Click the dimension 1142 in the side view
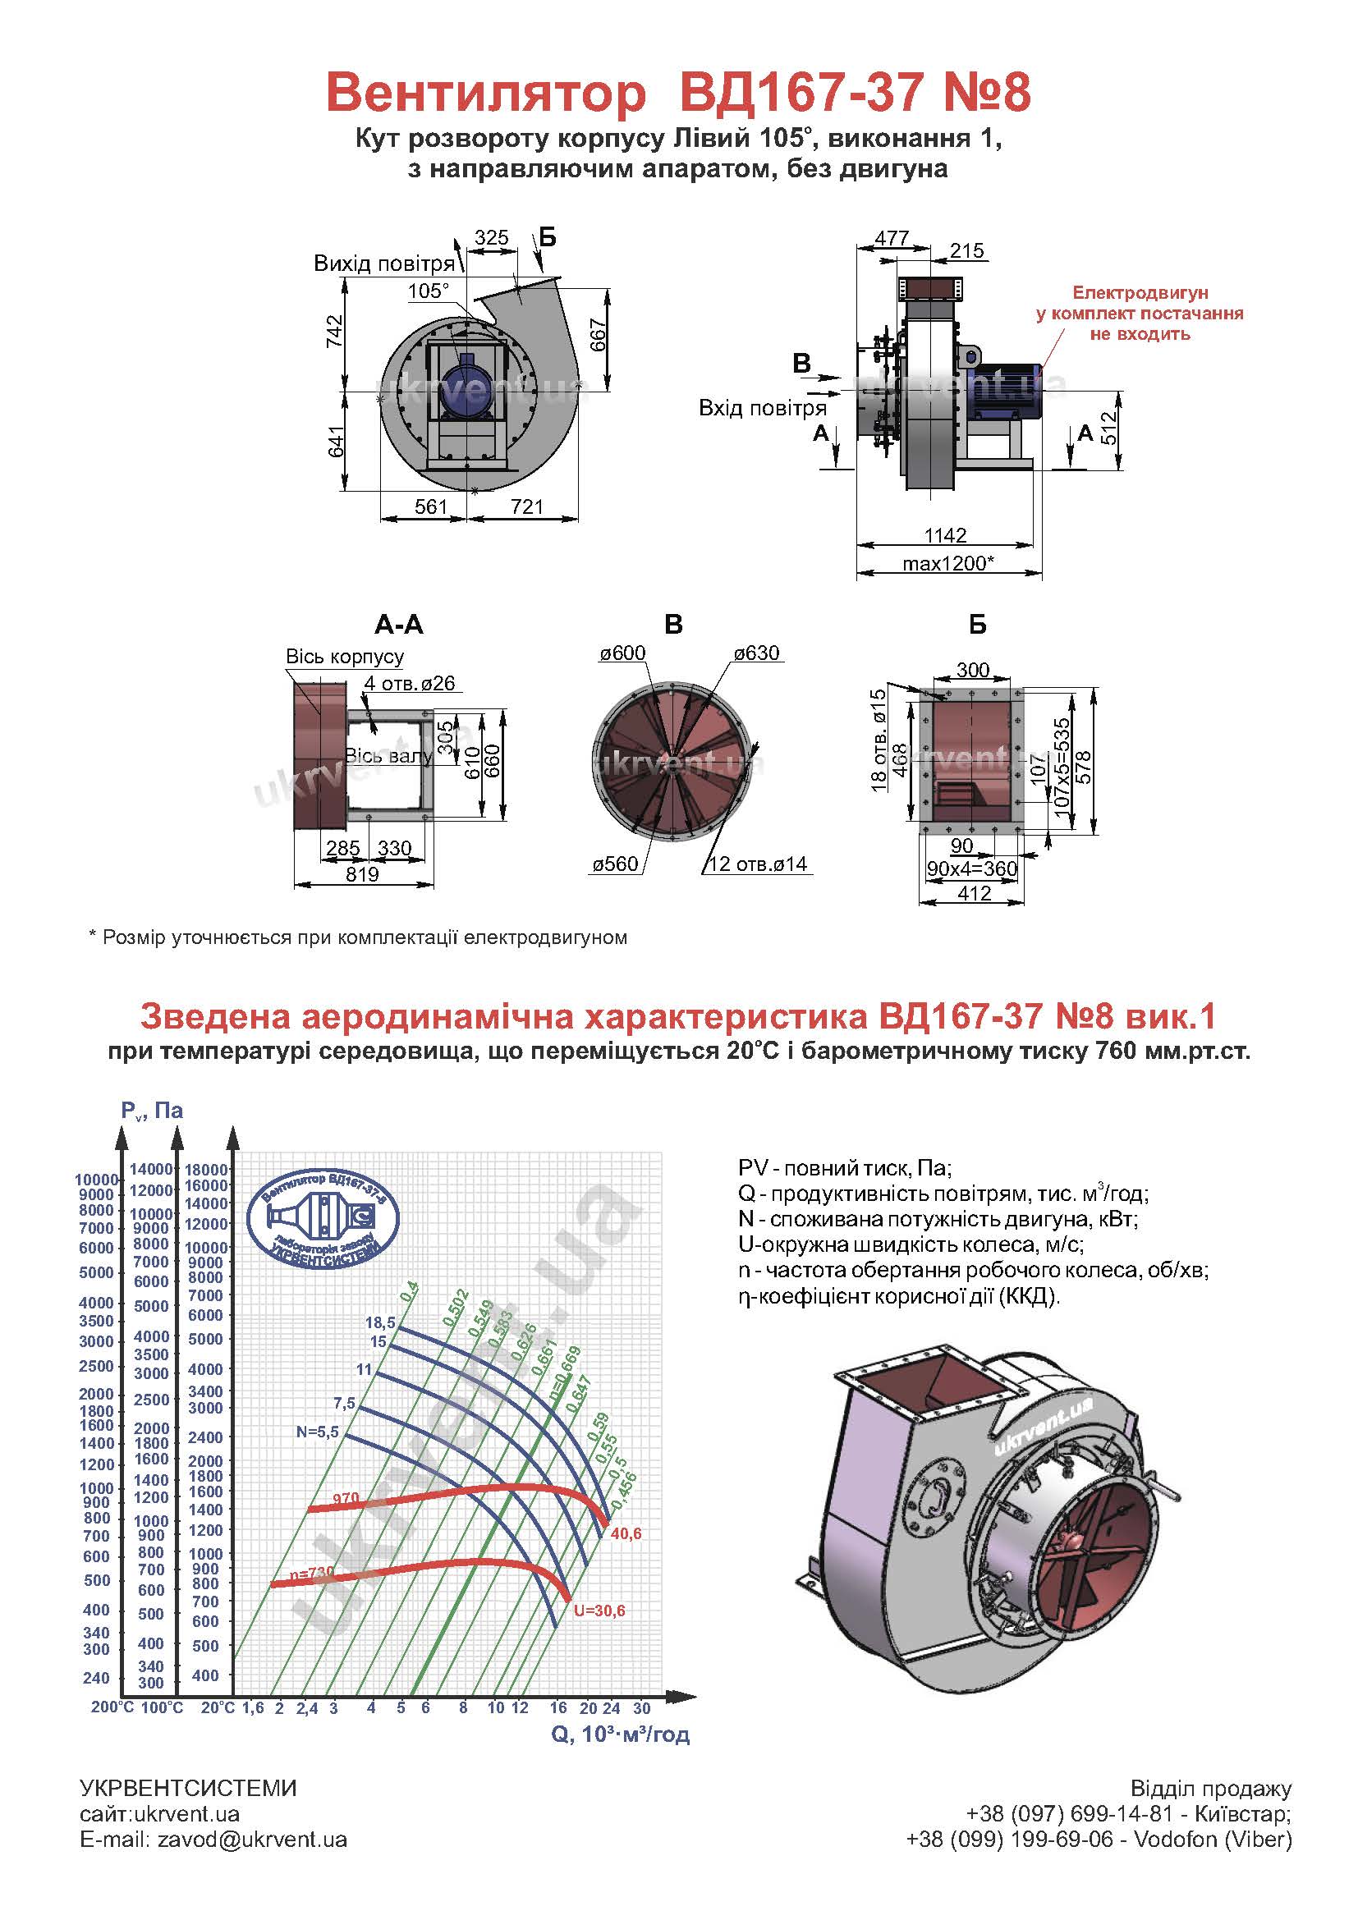946,534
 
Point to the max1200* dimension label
948,563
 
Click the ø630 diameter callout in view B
757,653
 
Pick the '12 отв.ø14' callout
759,864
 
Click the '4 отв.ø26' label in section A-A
410,683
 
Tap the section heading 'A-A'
399,625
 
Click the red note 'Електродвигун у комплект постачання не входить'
1140,314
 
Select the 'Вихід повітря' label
383,264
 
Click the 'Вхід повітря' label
763,408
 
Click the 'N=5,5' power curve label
317,1432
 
